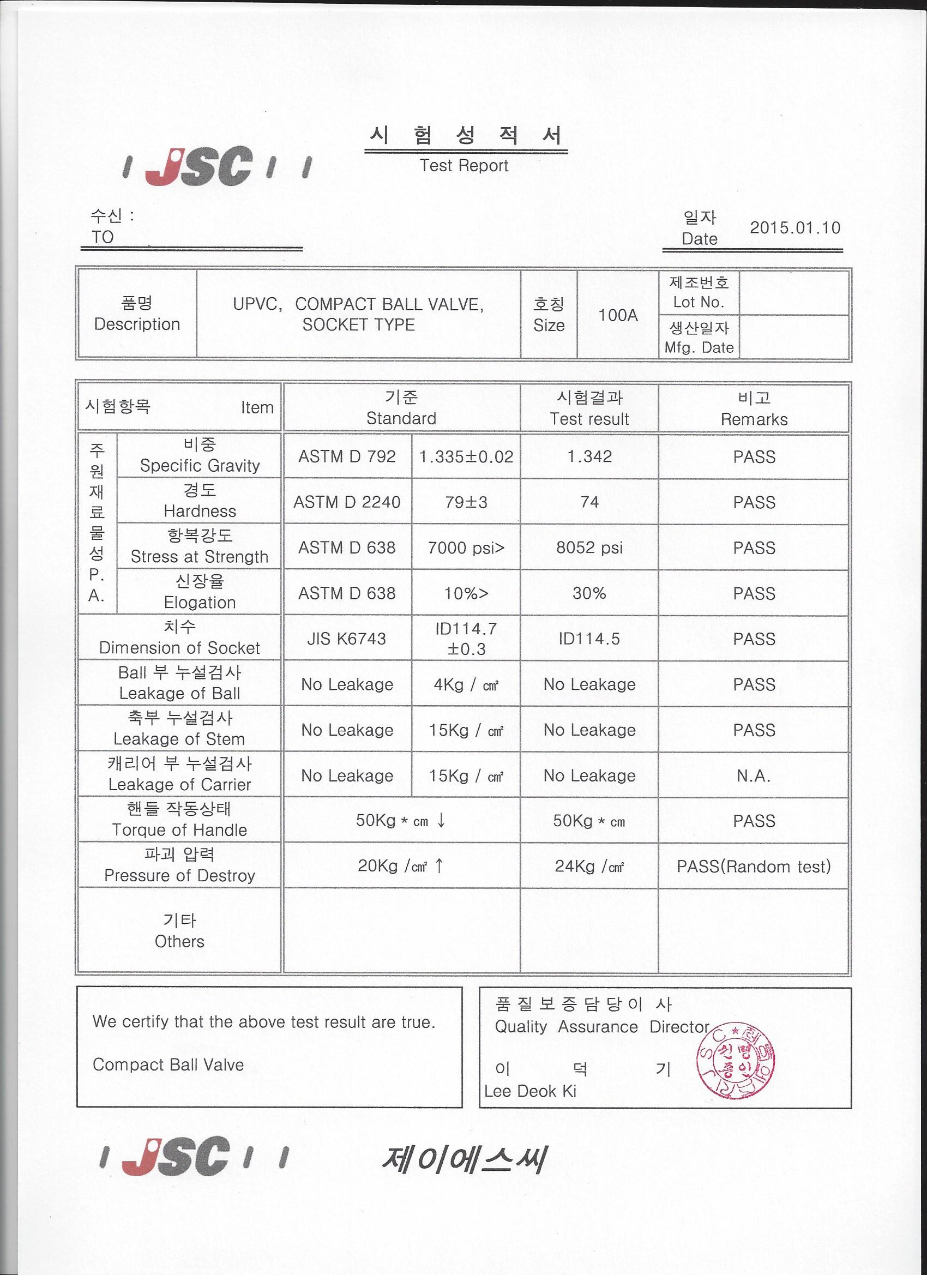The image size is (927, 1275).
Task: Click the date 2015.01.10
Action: (x=794, y=228)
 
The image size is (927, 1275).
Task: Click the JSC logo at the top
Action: (x=216, y=166)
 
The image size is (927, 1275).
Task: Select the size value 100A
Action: (x=617, y=315)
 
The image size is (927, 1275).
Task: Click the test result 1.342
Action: (x=589, y=456)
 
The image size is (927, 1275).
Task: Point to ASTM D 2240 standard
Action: (x=347, y=502)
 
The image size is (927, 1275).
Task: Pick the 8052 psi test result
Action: (x=589, y=548)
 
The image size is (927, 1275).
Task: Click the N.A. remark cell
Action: (x=753, y=776)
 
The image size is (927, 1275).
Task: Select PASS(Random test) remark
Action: (x=753, y=867)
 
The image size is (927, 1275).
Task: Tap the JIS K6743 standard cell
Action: (x=347, y=639)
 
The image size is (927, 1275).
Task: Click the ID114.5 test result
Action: (x=589, y=639)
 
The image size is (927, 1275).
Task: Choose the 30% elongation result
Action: (x=589, y=593)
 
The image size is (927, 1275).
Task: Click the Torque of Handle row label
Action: (x=179, y=830)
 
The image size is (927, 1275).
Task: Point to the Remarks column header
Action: (x=754, y=419)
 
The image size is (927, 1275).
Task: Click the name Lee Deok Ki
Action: (x=530, y=1091)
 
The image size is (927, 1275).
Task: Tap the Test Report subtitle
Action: (x=464, y=165)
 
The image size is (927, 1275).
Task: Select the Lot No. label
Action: (x=698, y=302)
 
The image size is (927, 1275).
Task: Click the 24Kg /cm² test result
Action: (x=589, y=867)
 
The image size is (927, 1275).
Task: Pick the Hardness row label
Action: (x=200, y=510)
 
